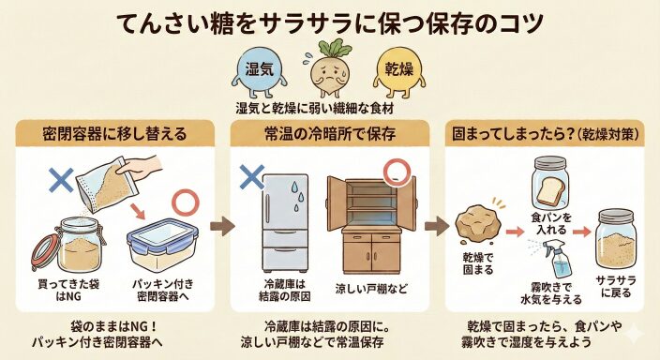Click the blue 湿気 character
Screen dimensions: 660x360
click(259, 69)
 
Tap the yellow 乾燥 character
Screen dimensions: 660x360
click(399, 69)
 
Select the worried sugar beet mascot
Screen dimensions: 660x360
click(330, 67)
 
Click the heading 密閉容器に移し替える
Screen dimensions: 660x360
click(114, 134)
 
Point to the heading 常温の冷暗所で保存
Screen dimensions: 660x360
click(330, 134)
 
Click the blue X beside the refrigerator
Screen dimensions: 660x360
click(251, 177)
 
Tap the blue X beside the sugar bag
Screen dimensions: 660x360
click(61, 180)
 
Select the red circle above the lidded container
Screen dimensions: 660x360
click(186, 202)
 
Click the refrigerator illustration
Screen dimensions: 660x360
click(286, 223)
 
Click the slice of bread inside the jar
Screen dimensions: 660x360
click(551, 189)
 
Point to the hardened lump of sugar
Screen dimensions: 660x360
click(478, 224)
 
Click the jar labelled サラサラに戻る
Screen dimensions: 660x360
click(616, 239)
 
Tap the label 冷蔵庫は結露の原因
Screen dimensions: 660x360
click(285, 290)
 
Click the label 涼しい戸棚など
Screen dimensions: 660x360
click(371, 290)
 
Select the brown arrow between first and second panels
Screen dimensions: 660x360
click(222, 227)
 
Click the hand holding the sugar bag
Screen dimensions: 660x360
click(140, 166)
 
